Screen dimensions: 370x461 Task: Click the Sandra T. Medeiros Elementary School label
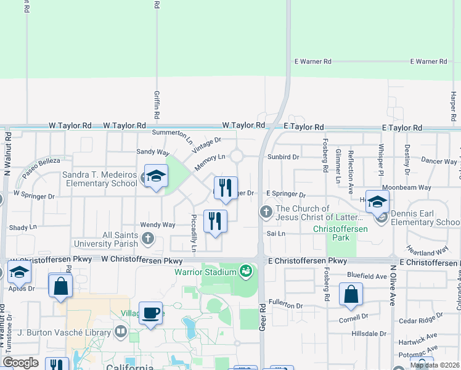tap(99, 179)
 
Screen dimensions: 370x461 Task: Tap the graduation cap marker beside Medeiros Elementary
tap(156, 176)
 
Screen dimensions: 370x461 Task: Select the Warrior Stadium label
tap(205, 272)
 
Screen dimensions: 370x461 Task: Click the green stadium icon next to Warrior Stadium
tap(246, 271)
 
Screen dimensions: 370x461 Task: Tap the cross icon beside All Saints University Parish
tap(148, 238)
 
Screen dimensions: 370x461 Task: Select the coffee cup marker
tap(151, 313)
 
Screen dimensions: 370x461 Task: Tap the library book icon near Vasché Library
tap(120, 332)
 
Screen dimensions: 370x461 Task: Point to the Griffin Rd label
tap(157, 104)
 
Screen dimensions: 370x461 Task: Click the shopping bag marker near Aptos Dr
tap(60, 286)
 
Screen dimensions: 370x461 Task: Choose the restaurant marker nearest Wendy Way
tap(215, 221)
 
